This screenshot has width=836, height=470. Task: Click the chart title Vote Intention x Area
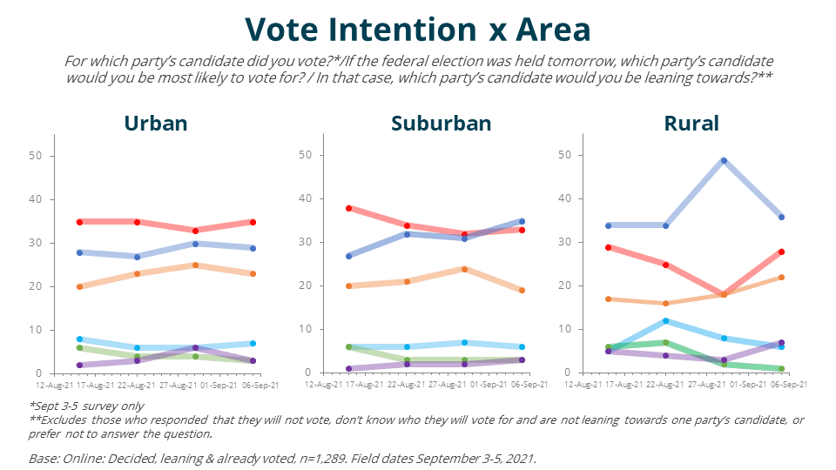click(x=417, y=30)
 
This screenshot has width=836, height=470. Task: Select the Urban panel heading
click(x=156, y=123)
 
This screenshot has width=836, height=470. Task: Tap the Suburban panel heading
click(x=442, y=123)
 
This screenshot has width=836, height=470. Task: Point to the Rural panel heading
click(x=692, y=123)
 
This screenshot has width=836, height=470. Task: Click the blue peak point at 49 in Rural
click(x=724, y=161)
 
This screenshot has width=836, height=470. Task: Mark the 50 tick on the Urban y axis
click(x=38, y=156)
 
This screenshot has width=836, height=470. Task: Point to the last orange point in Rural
click(x=782, y=278)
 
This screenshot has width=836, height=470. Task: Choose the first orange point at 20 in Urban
click(x=79, y=286)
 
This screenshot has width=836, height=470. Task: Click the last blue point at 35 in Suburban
click(x=522, y=221)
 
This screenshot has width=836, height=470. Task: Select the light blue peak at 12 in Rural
click(x=666, y=321)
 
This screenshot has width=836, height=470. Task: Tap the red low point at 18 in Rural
click(x=724, y=295)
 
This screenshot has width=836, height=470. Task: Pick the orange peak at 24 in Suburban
click(x=465, y=269)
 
